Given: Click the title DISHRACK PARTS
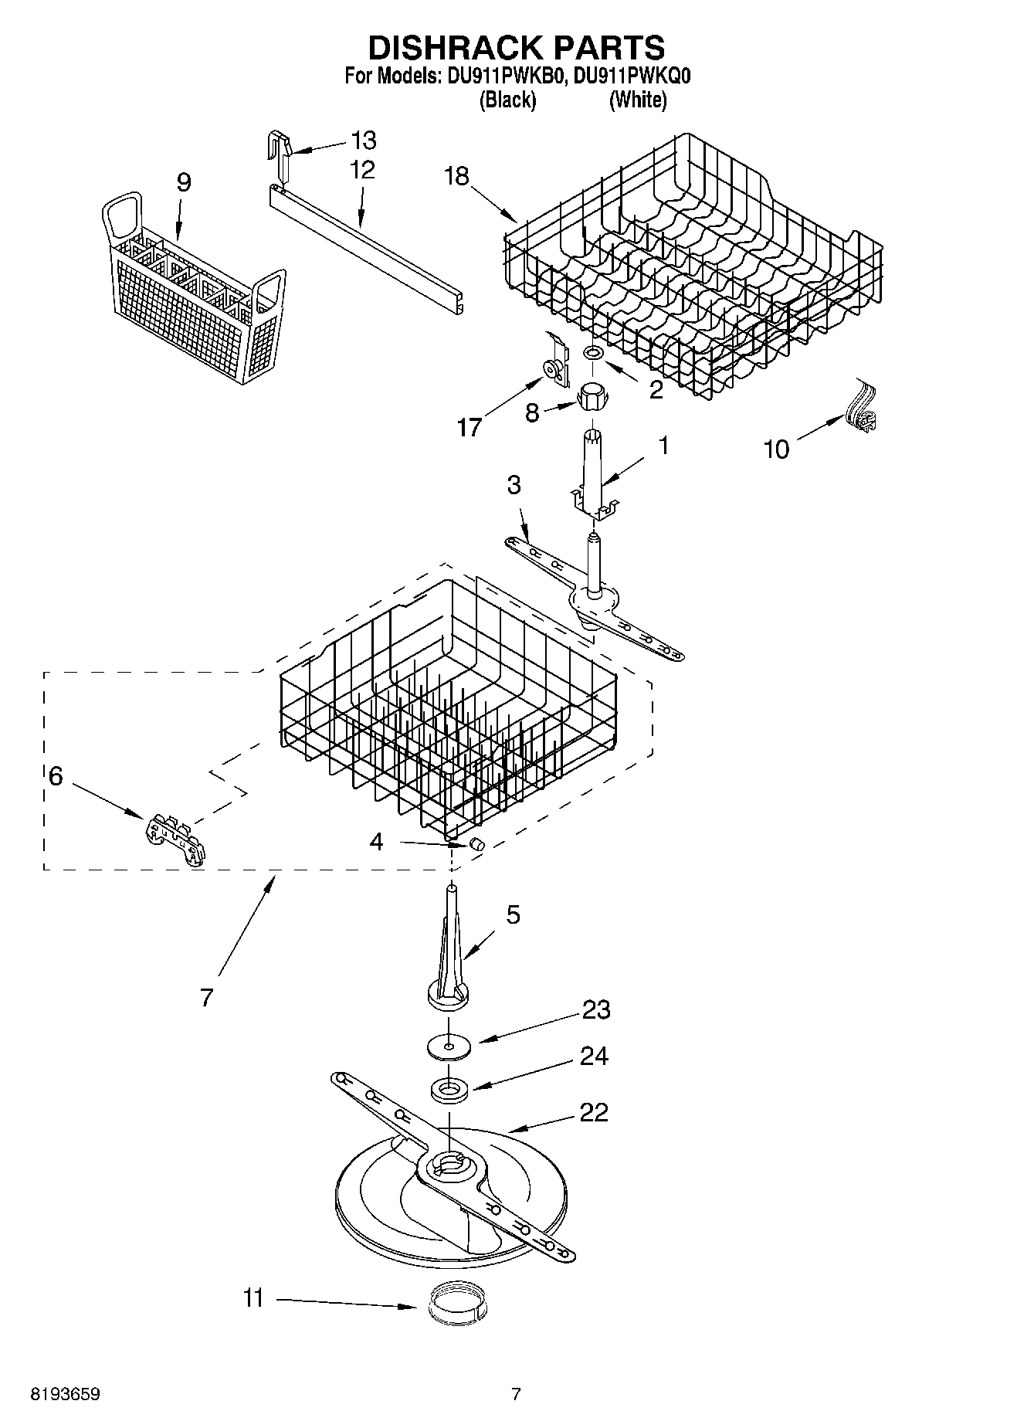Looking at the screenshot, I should pos(516,48).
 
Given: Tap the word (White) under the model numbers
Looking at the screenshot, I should pos(637,100).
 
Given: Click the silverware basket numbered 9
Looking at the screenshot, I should pos(193,293).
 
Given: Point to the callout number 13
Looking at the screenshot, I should pos(363,141).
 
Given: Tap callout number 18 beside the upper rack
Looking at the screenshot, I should pos(457,176).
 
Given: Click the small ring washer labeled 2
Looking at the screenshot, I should pos(593,353).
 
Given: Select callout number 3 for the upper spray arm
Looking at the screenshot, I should pos(514,485).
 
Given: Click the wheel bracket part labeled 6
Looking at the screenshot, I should pos(177,840).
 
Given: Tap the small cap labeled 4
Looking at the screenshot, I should pos(476,844).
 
